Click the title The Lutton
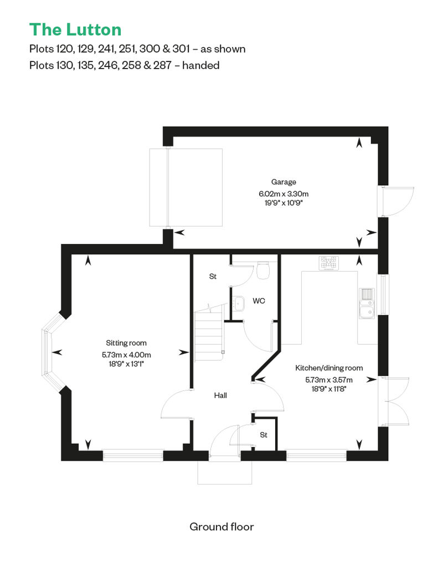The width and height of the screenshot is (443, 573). [75, 30]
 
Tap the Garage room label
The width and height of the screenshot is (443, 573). [284, 182]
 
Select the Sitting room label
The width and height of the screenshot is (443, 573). [126, 343]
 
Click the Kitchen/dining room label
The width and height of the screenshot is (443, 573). [329, 368]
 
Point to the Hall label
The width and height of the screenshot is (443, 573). [220, 395]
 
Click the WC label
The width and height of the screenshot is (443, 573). [259, 301]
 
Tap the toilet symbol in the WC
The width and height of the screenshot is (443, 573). [263, 270]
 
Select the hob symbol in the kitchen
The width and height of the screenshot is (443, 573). [329, 263]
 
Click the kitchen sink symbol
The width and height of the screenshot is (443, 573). [367, 303]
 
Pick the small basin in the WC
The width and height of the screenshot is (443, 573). [239, 303]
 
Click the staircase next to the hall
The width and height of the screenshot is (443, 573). [209, 332]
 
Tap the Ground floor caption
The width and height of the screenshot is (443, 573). [221, 527]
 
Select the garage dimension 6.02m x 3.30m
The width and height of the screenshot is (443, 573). [284, 194]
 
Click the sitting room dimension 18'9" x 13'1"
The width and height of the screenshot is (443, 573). [126, 364]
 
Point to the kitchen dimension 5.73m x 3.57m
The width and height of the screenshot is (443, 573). [329, 380]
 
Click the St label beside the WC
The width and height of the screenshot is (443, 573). [213, 277]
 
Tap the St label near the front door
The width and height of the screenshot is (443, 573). [264, 435]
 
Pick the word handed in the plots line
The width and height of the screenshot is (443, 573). [201, 65]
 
